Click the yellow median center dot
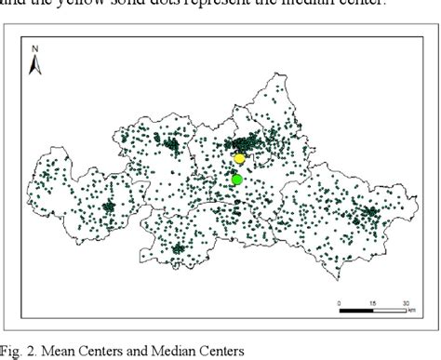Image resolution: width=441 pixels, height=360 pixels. coord(239,159)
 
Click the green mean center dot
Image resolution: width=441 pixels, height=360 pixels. coord(236,180)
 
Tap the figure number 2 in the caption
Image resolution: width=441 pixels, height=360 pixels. coord(34,350)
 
